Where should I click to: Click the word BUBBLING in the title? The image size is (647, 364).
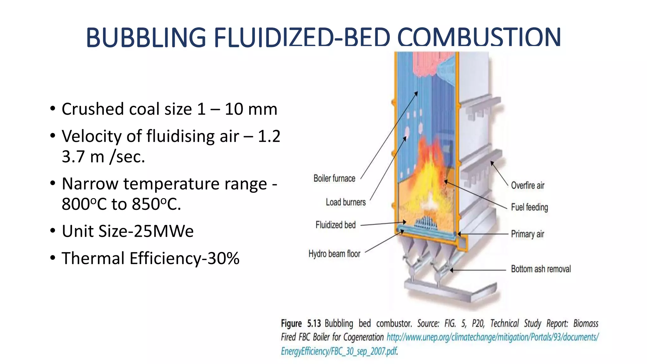point(146,37)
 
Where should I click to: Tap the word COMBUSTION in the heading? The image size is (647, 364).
point(479,37)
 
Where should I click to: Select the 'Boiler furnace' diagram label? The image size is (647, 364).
point(334,179)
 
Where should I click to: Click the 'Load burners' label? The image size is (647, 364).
point(346,202)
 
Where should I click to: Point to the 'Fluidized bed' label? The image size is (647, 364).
point(336,225)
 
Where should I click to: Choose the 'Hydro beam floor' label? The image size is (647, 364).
point(334,254)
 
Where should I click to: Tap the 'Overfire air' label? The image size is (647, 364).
point(528,185)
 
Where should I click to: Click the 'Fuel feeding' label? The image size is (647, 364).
point(529,207)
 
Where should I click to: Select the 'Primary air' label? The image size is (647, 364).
point(528,234)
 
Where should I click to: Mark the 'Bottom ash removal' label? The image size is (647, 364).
point(541,269)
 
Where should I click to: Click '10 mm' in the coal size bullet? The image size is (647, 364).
point(251,109)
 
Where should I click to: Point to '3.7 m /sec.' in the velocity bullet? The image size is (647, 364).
point(103,156)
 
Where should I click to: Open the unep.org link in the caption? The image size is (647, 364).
point(493,337)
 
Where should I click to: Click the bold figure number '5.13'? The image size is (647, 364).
point(314,324)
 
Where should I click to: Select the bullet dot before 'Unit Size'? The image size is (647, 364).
point(53,231)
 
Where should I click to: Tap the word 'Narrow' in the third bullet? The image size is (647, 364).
point(90,184)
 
